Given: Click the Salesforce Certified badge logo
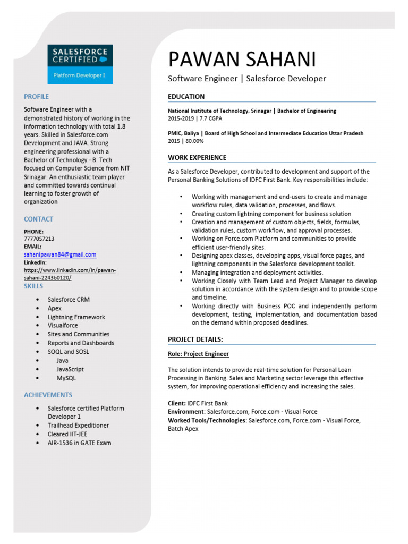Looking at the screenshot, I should [x=80, y=64].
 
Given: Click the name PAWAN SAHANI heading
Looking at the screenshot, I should [x=242, y=59].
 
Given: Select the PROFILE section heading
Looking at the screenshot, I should [x=36, y=97].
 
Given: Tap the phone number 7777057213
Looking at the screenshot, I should [x=39, y=239].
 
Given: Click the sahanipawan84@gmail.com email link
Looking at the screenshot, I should [x=60, y=254].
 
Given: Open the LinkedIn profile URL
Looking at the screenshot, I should [x=70, y=274].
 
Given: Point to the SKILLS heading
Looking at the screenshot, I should [x=33, y=286].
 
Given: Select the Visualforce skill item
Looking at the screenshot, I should [x=63, y=325].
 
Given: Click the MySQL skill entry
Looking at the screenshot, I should [x=66, y=378].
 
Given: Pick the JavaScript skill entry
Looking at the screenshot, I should [x=70, y=369].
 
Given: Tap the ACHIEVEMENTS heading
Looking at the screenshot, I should [x=48, y=395].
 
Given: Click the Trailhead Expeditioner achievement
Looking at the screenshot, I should [x=78, y=426].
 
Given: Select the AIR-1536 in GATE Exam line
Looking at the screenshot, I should [x=79, y=443].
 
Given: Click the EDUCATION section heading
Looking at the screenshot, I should [x=186, y=97].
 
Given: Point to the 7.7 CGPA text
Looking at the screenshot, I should [x=210, y=118].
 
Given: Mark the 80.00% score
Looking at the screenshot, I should [x=194, y=141].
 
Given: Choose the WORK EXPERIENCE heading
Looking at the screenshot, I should [x=197, y=158].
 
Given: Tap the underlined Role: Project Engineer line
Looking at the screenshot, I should [x=198, y=354].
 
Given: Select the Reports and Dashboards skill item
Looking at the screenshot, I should [x=81, y=343].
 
